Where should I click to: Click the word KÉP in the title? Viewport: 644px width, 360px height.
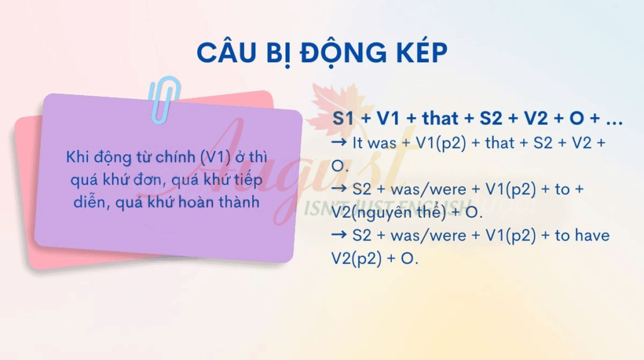coord(421,52)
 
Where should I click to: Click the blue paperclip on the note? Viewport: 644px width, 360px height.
coord(164,99)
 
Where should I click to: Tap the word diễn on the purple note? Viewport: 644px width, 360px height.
coord(88,202)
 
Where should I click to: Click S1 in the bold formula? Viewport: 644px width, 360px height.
coord(343,118)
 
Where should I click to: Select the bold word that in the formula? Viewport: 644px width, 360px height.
coord(440,118)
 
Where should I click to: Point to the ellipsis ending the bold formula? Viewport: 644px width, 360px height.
coord(614,123)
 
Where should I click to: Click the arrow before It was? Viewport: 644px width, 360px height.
coord(339,143)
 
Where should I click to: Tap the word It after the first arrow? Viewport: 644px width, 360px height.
coord(358,143)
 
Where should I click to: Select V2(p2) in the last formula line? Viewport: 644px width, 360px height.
coord(357,259)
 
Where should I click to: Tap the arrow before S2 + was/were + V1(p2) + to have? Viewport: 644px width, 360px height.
coord(339,235)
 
